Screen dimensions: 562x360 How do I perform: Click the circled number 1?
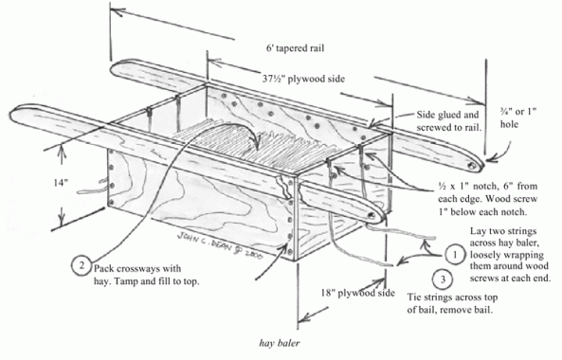[455, 255]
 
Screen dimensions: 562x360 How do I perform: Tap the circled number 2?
[82, 265]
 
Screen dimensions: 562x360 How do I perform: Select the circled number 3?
[443, 279]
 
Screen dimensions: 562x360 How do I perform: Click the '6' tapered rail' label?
[295, 48]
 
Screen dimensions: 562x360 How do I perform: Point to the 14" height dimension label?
[61, 183]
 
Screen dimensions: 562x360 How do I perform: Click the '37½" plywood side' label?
[303, 79]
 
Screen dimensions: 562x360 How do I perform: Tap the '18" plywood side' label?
[357, 293]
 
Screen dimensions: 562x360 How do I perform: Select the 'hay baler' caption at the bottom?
[280, 343]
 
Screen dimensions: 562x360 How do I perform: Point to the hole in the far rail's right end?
[472, 166]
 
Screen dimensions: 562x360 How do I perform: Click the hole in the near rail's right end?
[372, 216]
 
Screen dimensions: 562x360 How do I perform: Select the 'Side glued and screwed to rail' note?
[448, 121]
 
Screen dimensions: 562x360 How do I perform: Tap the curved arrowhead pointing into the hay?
[258, 146]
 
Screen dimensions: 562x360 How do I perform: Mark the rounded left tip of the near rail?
[10, 115]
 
